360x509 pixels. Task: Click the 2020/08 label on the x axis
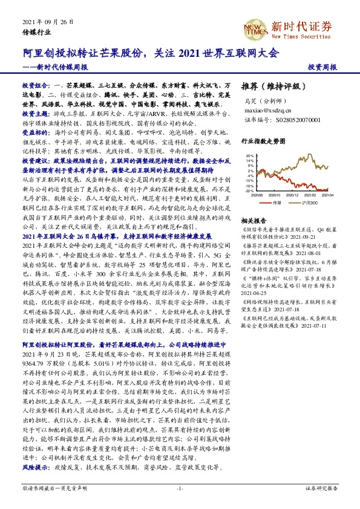(257, 196)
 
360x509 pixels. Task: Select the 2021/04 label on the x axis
(326, 196)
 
